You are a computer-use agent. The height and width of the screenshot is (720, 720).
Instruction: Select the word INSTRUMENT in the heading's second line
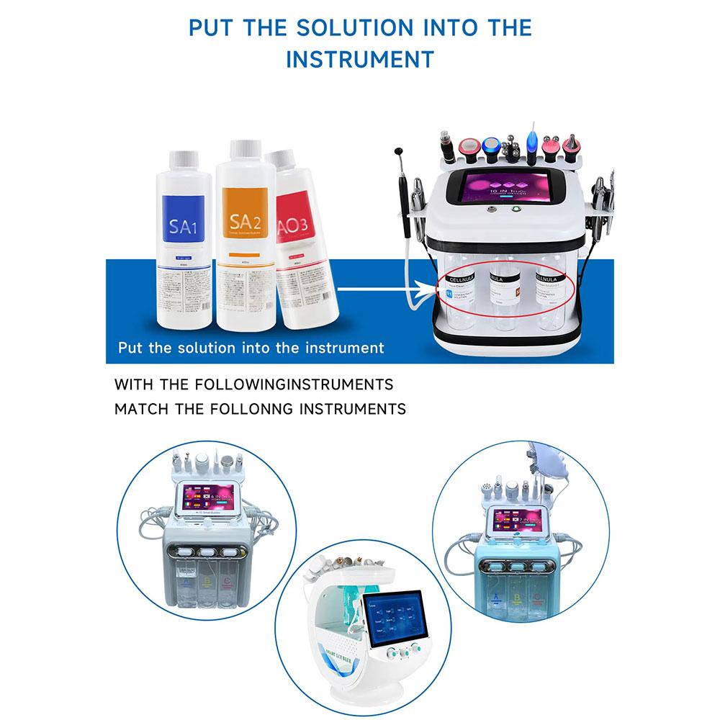click(360, 58)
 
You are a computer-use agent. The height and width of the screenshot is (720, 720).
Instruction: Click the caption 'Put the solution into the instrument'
click(251, 348)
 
